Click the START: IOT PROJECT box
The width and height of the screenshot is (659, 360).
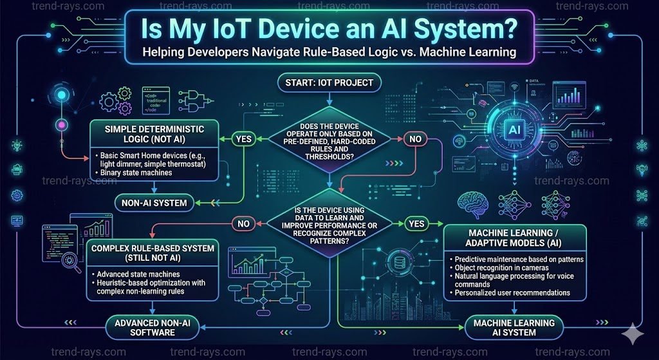click(x=329, y=82)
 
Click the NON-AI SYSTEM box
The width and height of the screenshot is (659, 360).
click(x=154, y=204)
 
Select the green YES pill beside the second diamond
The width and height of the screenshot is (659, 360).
click(x=415, y=223)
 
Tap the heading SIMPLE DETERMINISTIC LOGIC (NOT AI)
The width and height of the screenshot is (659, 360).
click(x=154, y=133)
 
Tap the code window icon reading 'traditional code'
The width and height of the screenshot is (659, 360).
click(x=155, y=101)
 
